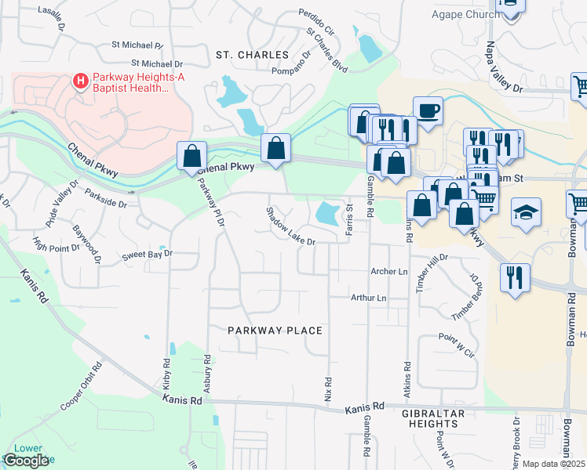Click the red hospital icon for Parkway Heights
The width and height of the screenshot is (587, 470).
(x=79, y=80)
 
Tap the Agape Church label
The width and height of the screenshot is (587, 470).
(x=465, y=14)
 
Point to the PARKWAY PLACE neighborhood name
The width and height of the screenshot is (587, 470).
(x=275, y=331)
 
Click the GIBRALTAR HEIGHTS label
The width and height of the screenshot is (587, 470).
(x=434, y=418)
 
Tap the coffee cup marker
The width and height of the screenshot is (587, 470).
(x=428, y=110)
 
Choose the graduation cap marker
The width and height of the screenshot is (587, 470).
(x=525, y=211)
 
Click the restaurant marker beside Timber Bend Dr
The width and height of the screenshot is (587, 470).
(x=515, y=277)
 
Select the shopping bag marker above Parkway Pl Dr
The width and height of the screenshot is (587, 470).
(x=192, y=155)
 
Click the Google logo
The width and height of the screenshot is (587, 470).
(x=26, y=461)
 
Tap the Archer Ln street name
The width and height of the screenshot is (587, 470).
(x=390, y=272)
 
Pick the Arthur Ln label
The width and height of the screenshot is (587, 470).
(x=369, y=298)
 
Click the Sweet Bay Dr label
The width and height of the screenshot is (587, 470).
(x=147, y=255)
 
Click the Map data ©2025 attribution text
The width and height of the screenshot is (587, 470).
(x=553, y=464)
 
